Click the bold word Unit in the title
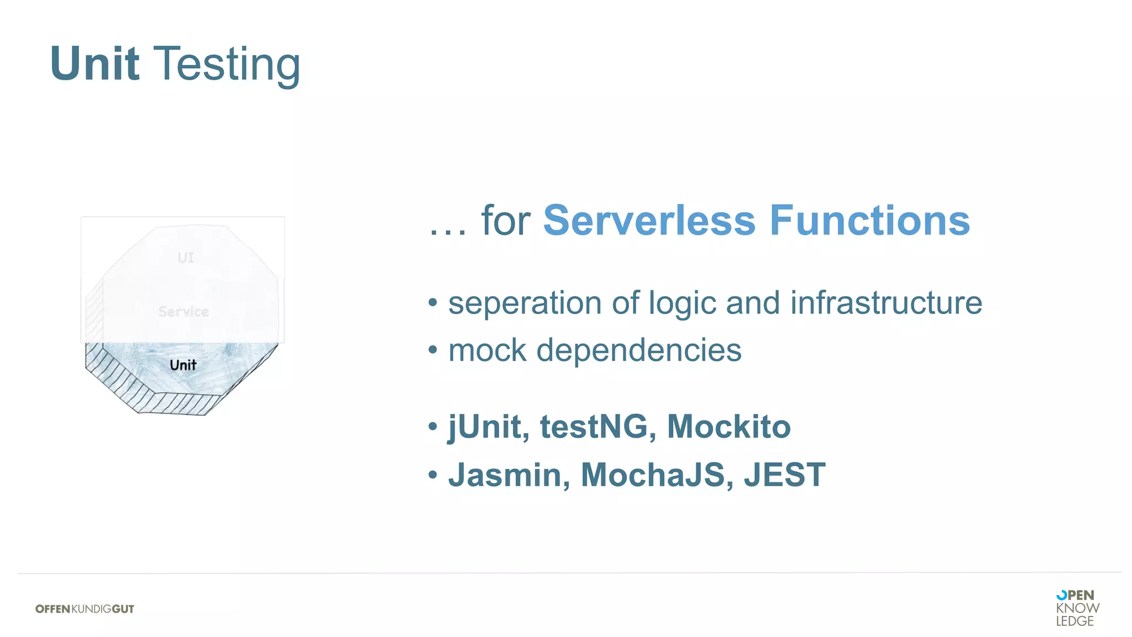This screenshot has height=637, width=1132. click(95, 64)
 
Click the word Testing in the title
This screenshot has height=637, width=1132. click(226, 65)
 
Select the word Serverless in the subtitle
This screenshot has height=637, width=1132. click(649, 221)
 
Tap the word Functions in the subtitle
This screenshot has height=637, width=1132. click(870, 221)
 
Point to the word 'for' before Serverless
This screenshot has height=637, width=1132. click(505, 221)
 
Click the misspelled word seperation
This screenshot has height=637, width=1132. click(525, 303)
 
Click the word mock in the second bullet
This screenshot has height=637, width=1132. click(487, 351)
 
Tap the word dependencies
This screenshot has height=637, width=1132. click(639, 351)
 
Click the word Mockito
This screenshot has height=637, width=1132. click(729, 427)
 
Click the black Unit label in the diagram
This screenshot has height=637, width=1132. click(183, 365)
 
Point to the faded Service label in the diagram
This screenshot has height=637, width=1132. click(184, 311)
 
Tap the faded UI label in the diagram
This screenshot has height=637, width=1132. click(186, 258)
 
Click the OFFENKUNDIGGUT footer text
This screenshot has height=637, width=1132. click(85, 609)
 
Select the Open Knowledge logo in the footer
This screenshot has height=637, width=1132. click(1077, 608)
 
